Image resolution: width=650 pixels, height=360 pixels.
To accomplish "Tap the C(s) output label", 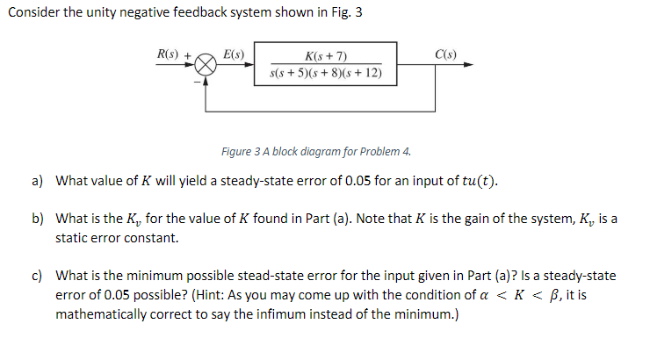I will coord(445,54).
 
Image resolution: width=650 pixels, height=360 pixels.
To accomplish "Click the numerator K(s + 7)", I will coord(326,56).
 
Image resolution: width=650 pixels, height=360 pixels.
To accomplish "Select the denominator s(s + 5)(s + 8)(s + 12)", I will coord(326,73).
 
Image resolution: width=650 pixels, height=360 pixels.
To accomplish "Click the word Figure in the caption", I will coord(238,152).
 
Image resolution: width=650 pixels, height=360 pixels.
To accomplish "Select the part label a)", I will coord(38,181).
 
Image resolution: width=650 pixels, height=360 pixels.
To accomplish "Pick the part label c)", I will coord(38,276).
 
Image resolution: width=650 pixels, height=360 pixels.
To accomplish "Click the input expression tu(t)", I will coord(476,182).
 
